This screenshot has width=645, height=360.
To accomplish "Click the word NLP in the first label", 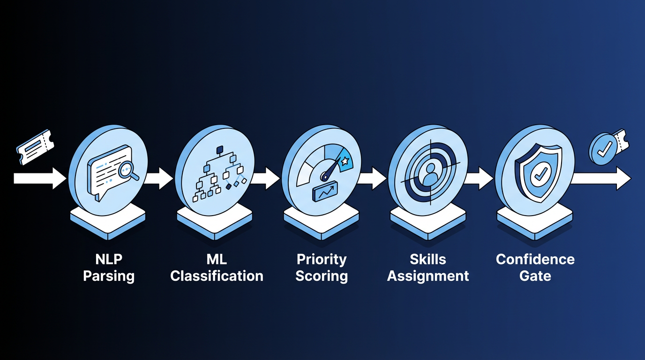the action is point(109,260).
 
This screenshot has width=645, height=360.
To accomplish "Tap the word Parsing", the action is point(109,277).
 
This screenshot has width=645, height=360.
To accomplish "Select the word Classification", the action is point(217,276).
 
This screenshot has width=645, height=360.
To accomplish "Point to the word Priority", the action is point(322,260).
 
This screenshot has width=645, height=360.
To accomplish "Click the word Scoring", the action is point(322,277).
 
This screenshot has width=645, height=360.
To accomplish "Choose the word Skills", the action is point(428,260).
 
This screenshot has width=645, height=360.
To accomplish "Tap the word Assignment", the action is point(428,277).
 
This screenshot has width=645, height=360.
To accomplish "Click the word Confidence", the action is point(535,260).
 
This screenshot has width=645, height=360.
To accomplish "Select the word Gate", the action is point(535,276).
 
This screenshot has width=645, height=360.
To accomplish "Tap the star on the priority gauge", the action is point(345,161).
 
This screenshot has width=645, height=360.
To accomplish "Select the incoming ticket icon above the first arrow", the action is point(35,148).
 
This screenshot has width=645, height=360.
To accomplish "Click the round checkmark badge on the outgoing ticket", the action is point(602,149).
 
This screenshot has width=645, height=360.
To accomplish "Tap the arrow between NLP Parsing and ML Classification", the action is point(158,179).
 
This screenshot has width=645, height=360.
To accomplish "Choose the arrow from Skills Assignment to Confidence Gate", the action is point(478,179).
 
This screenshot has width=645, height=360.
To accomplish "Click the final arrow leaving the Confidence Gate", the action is point(600,179).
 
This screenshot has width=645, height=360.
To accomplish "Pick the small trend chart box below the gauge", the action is point(325,191).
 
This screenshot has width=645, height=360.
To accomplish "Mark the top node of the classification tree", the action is point(220,150).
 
